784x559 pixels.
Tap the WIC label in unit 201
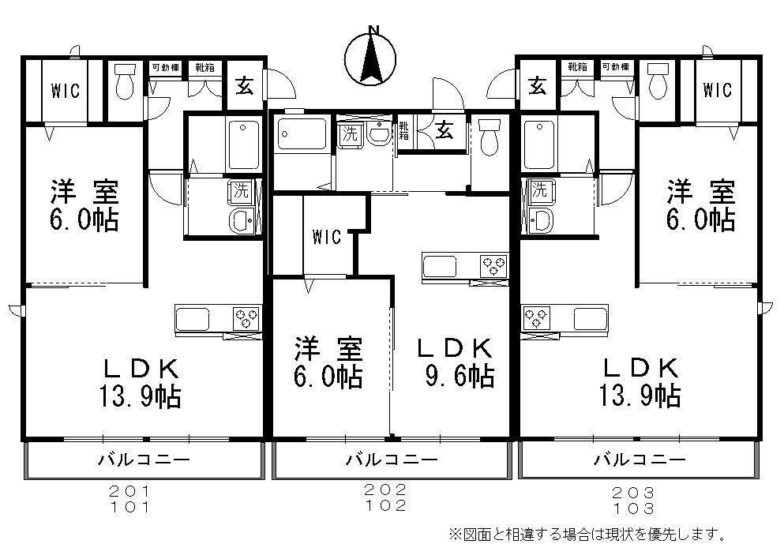pyautogui.click(x=66, y=91)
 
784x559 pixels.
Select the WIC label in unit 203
pyautogui.click(x=717, y=90)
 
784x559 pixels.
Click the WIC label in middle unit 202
pyautogui.click(x=326, y=237)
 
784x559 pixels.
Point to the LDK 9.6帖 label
pyautogui.click(x=456, y=362)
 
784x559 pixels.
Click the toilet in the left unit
pyautogui.click(x=125, y=81)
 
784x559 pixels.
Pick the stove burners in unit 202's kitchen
pyautogui.click(x=494, y=266)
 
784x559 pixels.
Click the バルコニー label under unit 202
pyautogui.click(x=392, y=460)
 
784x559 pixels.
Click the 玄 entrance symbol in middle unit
pyautogui.click(x=445, y=131)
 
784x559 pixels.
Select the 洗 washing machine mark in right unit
pyautogui.click(x=539, y=189)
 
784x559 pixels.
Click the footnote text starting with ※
pyautogui.click(x=587, y=535)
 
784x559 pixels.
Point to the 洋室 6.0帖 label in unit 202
pyautogui.click(x=328, y=362)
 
